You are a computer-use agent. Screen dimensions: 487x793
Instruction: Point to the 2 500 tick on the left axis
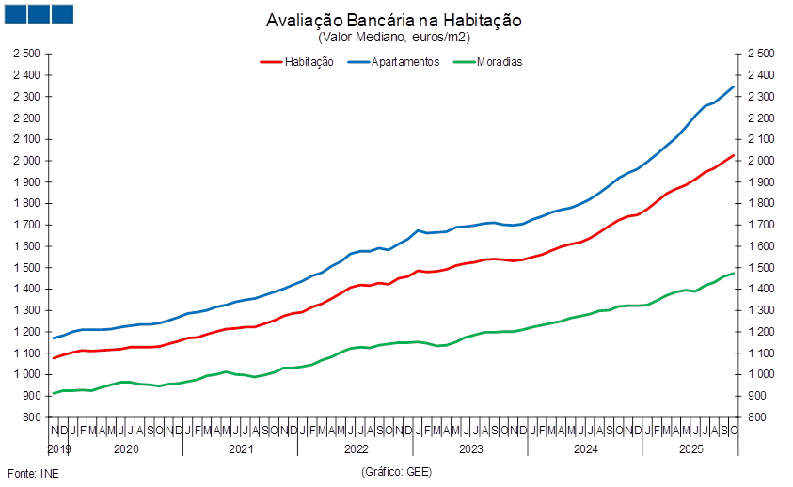click(27, 54)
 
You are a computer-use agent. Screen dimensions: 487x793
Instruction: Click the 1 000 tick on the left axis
click(27, 374)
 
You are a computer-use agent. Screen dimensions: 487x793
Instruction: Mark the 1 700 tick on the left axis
click(27, 225)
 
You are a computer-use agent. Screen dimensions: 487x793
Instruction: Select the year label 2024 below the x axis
click(585, 449)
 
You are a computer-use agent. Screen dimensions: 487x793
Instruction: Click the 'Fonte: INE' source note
click(32, 472)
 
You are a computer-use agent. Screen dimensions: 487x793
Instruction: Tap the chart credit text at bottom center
click(395, 472)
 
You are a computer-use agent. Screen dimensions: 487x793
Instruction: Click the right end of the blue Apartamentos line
click(734, 86)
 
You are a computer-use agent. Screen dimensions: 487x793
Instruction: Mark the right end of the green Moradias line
click(734, 273)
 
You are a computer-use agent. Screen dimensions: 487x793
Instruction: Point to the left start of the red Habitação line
click(53, 358)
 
